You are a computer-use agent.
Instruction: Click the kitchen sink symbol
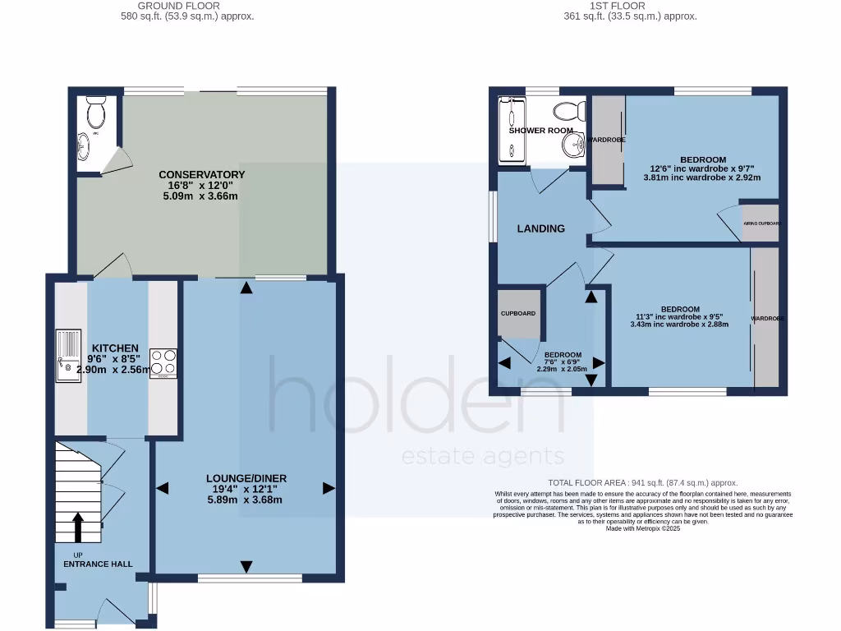click(x=67, y=355)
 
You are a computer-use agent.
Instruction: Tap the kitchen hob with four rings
click(x=163, y=365)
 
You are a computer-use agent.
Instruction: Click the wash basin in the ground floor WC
click(x=85, y=147)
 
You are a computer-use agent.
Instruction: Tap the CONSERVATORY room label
click(x=202, y=174)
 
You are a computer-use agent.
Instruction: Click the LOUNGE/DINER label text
click(x=246, y=478)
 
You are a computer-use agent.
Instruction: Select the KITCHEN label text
click(x=115, y=348)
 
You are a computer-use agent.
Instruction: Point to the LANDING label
click(x=540, y=228)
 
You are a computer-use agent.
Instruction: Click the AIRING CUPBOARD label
click(x=761, y=223)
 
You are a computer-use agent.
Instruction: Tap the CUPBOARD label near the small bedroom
click(x=518, y=314)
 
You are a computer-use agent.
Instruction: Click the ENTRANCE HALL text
click(x=98, y=564)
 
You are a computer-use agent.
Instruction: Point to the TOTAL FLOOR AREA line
click(x=642, y=483)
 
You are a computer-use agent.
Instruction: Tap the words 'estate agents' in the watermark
click(x=482, y=457)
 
